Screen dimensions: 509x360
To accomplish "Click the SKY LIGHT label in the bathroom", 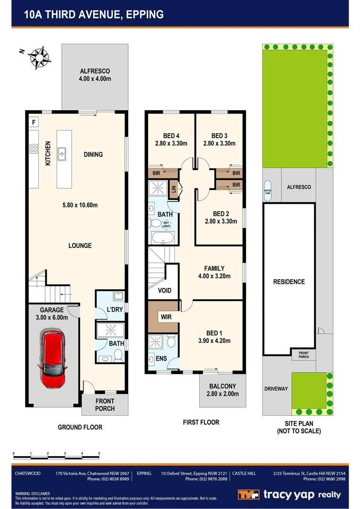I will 166,224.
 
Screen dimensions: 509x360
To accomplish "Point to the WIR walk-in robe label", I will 166,317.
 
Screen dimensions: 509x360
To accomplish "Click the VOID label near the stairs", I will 164,290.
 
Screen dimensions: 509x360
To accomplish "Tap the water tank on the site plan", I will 268,188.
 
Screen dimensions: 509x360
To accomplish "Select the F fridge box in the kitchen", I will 33,122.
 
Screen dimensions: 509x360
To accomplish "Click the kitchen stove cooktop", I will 34,149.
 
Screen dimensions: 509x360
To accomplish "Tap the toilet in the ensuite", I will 171,341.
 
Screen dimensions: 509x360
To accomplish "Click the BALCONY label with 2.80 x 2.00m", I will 222,390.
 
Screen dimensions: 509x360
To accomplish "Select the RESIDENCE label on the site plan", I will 289,281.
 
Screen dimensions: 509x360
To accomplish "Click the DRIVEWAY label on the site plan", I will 276,388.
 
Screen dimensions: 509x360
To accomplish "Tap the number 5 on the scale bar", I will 99,453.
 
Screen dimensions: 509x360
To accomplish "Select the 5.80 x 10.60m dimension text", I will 80,205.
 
